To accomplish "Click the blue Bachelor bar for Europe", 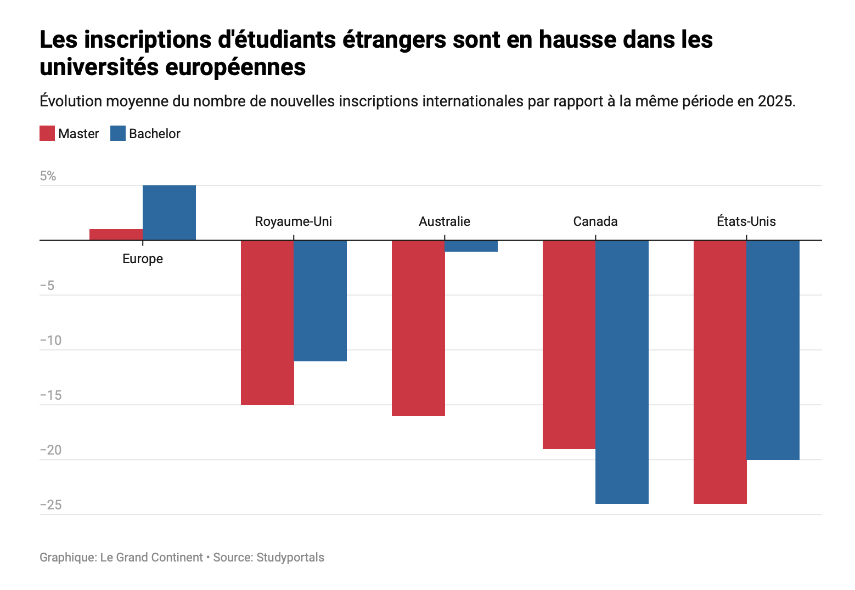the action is point(169,212).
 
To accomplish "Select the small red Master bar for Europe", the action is point(116,235).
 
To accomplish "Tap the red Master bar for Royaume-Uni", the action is point(267,322).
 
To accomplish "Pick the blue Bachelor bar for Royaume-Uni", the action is point(320,300).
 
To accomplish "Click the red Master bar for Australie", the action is point(418,328).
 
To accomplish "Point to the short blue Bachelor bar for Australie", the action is point(471,246).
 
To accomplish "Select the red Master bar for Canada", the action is point(569,344).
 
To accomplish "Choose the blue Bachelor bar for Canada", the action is point(622,372).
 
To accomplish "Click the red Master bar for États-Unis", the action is point(720,372).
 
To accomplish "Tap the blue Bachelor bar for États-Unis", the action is point(773,350).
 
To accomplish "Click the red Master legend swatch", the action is point(47,133).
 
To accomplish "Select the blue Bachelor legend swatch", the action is point(118,133).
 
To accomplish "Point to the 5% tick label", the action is point(48,176).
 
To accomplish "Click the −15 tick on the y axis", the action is point(51,395).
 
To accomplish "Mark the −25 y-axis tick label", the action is point(51,505).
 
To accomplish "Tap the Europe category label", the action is point(143,259).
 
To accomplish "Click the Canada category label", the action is point(595,221).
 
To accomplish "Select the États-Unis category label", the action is point(746,221).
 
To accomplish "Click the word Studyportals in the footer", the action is point(290,557).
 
